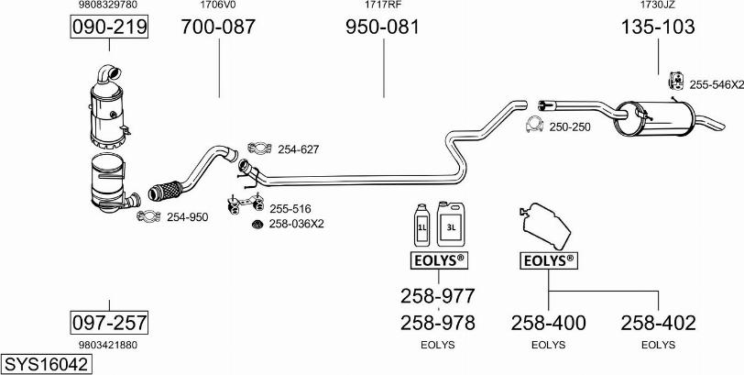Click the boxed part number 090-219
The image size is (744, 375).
[x=109, y=28]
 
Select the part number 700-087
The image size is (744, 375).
[x=218, y=28]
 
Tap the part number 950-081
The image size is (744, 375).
[x=382, y=28]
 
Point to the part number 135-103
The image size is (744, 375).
[x=658, y=28]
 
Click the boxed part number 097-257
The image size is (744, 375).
[x=109, y=322]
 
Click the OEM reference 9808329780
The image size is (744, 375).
[x=109, y=6]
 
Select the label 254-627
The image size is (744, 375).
[x=298, y=149]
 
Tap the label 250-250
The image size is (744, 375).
[x=570, y=127]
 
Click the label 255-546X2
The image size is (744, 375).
[x=717, y=83]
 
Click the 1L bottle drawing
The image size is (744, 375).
[x=422, y=223]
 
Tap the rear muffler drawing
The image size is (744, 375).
[x=654, y=116]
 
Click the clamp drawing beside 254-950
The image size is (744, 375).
[x=147, y=216]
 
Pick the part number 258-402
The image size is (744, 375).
[x=658, y=322]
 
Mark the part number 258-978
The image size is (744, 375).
[x=437, y=322]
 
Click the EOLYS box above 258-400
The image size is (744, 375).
[x=548, y=261]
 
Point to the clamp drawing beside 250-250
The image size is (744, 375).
[x=534, y=126]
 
